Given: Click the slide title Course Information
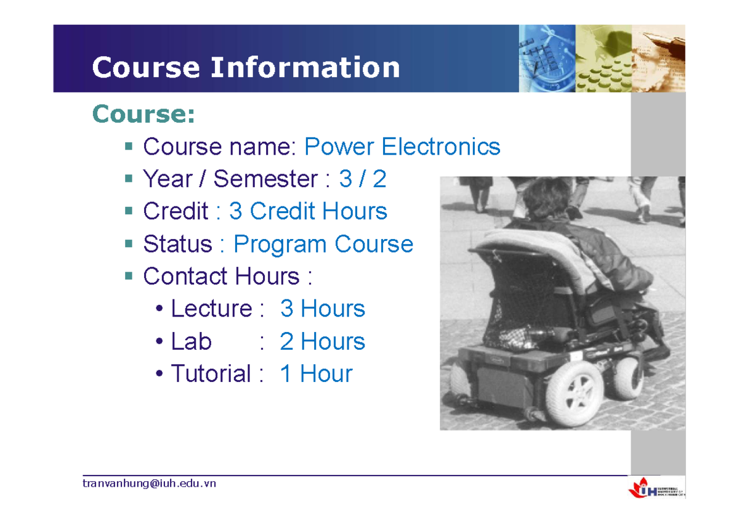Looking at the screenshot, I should (x=246, y=67).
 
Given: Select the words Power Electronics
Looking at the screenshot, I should (x=402, y=147).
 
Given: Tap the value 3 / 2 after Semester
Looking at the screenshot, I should (x=363, y=179).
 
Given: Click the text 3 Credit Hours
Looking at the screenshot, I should (x=308, y=211).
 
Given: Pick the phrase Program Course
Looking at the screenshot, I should (x=323, y=244).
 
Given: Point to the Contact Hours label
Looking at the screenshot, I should (x=221, y=276).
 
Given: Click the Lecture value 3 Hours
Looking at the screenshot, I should (x=322, y=309).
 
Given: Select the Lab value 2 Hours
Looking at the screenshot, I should (x=322, y=341).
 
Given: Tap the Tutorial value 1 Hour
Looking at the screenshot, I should (x=315, y=374).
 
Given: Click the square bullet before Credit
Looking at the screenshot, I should (x=128, y=211).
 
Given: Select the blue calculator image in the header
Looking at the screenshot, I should (x=547, y=59).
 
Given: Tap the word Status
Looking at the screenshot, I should (x=177, y=244).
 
